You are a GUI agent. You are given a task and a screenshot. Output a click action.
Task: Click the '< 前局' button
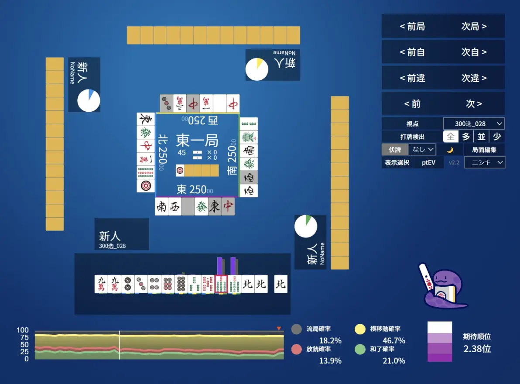(x=412, y=26)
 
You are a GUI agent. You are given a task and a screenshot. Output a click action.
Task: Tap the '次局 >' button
(x=474, y=26)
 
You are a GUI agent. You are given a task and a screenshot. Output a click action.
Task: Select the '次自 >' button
(x=474, y=52)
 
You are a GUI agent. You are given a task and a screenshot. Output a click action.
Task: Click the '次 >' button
(x=474, y=104)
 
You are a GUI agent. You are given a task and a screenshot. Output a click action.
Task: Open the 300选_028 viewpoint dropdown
(x=474, y=123)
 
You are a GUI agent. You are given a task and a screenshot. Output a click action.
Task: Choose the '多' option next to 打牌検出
(x=466, y=136)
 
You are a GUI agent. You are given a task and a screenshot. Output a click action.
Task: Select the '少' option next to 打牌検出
(x=497, y=136)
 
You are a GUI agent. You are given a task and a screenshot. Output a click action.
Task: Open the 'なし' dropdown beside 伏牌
(x=422, y=150)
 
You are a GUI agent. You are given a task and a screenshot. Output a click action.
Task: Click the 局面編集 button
(x=484, y=150)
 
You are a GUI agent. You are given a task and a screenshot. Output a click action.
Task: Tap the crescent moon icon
(x=450, y=150)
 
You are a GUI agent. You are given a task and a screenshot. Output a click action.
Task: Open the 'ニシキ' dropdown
(x=485, y=162)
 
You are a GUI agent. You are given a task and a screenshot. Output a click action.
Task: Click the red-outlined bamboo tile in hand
(x=221, y=284)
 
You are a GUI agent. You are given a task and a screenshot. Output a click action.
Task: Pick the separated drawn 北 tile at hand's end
(x=281, y=284)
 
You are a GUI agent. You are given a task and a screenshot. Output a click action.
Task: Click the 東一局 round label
(x=197, y=140)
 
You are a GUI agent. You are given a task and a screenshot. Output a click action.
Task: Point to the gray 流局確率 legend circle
(x=297, y=329)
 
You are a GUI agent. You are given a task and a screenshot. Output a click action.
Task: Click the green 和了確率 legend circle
(x=360, y=349)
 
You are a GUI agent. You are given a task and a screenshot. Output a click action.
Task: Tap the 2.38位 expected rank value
(x=477, y=349)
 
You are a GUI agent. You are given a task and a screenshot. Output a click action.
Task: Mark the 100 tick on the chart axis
(x=23, y=330)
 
